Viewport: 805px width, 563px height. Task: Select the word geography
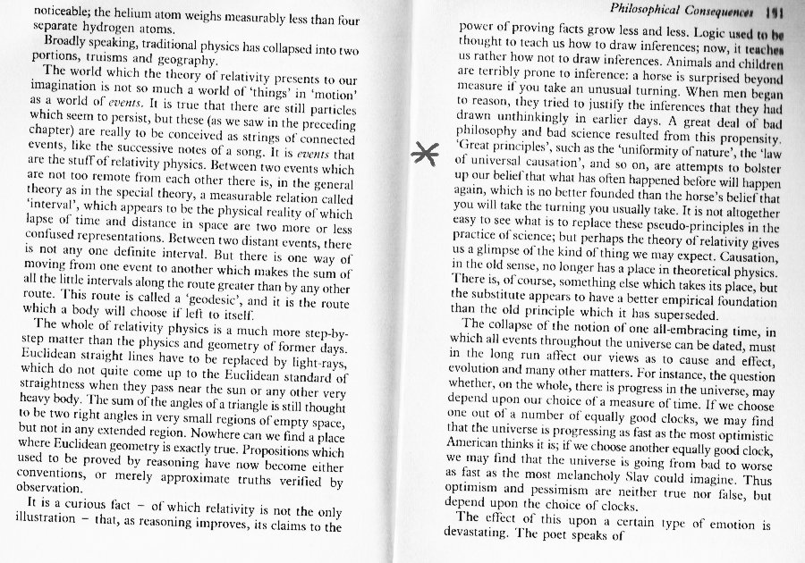point(190,62)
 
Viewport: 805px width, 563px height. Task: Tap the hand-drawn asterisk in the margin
point(424,152)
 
